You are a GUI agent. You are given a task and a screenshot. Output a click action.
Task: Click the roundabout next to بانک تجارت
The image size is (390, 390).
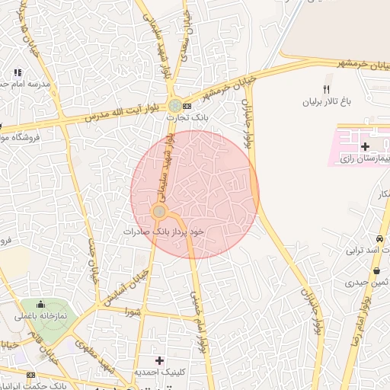pos(175,105)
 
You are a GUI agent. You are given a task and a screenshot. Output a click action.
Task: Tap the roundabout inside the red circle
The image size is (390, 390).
pos(159,211)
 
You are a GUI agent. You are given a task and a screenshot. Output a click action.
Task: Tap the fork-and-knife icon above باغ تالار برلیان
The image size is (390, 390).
pos(327,89)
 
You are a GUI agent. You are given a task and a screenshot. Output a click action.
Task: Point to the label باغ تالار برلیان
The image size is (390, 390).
pos(327,101)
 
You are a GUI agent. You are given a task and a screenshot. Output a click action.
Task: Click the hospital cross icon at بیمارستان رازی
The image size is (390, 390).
pos(364,145)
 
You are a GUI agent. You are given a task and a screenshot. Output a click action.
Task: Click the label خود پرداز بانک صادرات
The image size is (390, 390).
pos(166,229)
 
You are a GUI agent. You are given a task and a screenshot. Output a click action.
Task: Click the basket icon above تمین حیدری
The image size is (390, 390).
pos(376,270)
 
